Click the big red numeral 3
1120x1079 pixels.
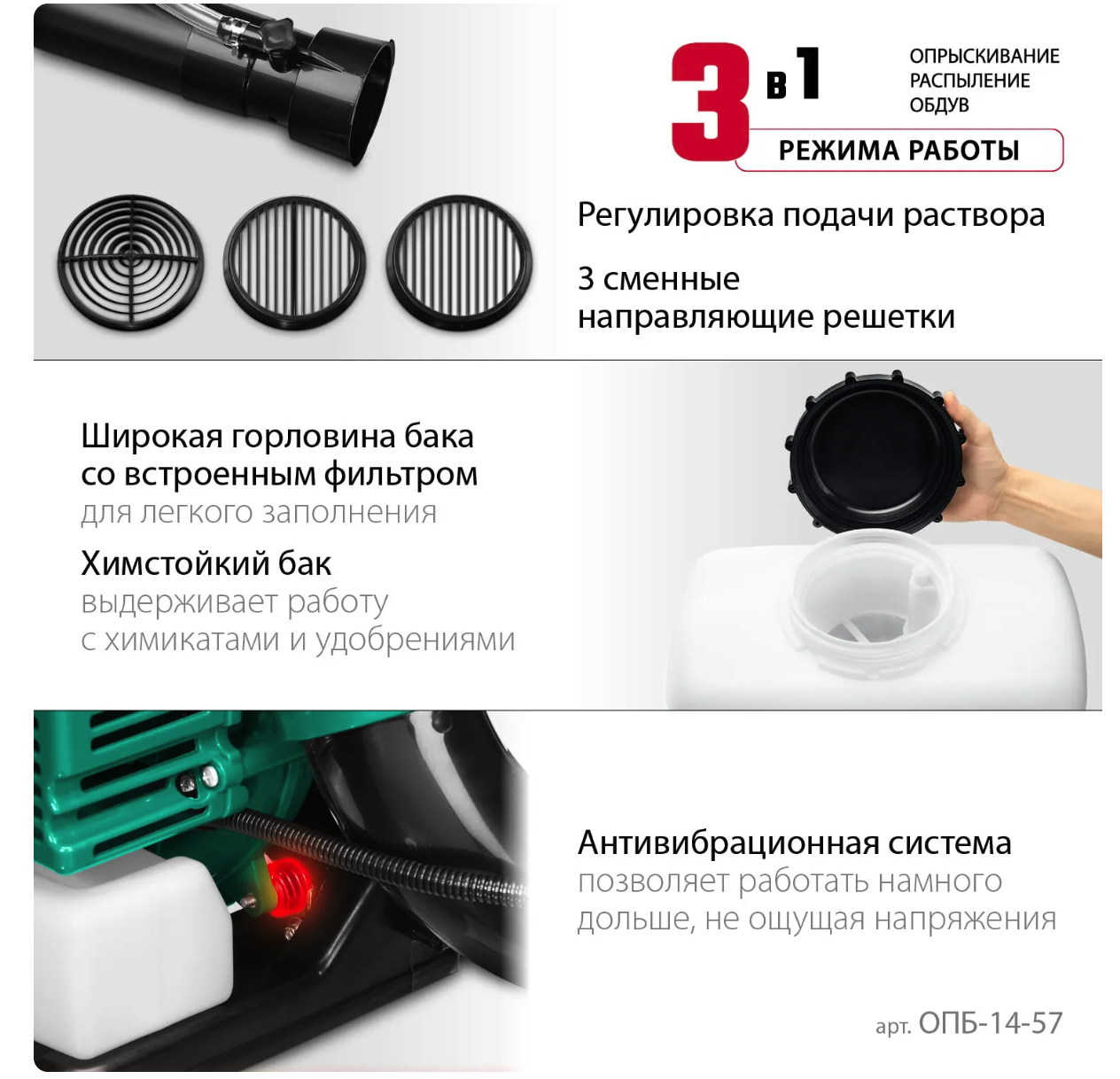[x=711, y=101]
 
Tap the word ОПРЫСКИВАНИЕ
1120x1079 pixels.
[x=984, y=57]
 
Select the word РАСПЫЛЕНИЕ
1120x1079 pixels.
[x=969, y=81]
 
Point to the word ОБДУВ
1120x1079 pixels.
[x=938, y=105]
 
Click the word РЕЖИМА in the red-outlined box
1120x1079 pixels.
[x=837, y=151]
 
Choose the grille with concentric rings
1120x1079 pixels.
[x=130, y=262]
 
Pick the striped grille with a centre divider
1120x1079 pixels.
[x=294, y=262]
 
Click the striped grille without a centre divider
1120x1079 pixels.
[x=459, y=262]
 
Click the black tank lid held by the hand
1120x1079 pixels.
[x=874, y=450]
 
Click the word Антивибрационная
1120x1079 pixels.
[x=728, y=843]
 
